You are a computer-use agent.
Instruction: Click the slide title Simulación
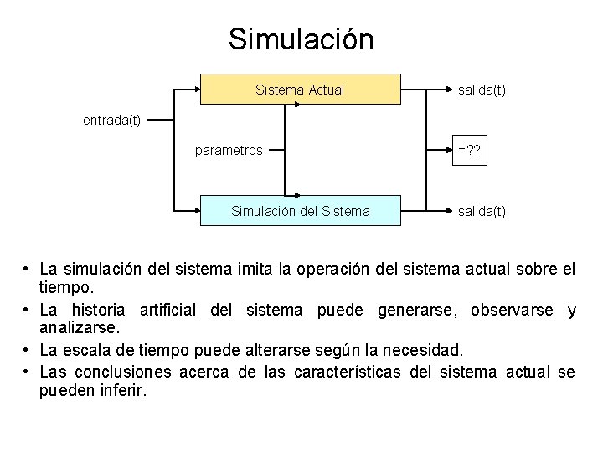(301, 39)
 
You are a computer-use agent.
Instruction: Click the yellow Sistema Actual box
(300, 90)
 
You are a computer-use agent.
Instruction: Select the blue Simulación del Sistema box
(300, 211)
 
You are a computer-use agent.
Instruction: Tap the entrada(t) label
(111, 120)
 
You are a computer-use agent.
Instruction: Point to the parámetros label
(229, 151)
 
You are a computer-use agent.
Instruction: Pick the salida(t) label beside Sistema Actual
(481, 90)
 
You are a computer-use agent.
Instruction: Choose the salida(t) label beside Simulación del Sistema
(481, 211)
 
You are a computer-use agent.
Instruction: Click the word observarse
(512, 311)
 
